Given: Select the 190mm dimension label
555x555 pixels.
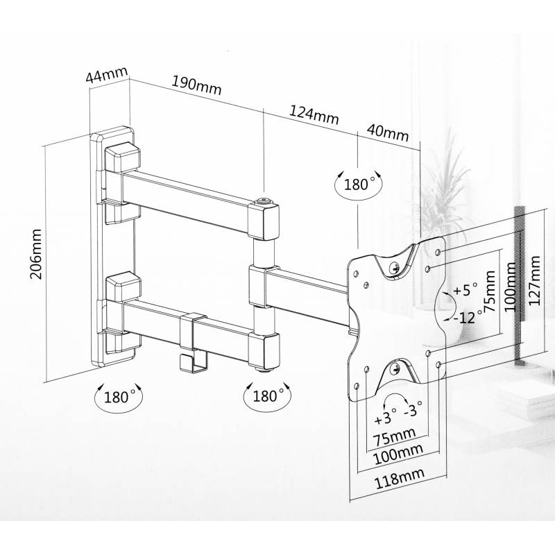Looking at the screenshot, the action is (197, 85).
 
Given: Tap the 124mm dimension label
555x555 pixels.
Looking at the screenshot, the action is (314, 114).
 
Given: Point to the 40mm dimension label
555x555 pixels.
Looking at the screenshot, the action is (388, 133).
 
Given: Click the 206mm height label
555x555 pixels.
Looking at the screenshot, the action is (36, 254).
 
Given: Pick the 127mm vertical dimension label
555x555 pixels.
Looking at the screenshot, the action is (533, 281).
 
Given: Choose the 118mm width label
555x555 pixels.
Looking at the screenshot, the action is (400, 479).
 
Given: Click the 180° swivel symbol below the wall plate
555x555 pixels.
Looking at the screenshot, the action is (118, 397).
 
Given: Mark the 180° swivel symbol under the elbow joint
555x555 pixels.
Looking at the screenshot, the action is (268, 395).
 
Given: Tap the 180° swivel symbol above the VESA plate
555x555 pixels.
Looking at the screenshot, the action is (359, 184).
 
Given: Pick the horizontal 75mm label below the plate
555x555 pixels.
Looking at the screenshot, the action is (394, 438).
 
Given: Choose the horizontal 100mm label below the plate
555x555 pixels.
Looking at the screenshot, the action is (399, 454).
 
